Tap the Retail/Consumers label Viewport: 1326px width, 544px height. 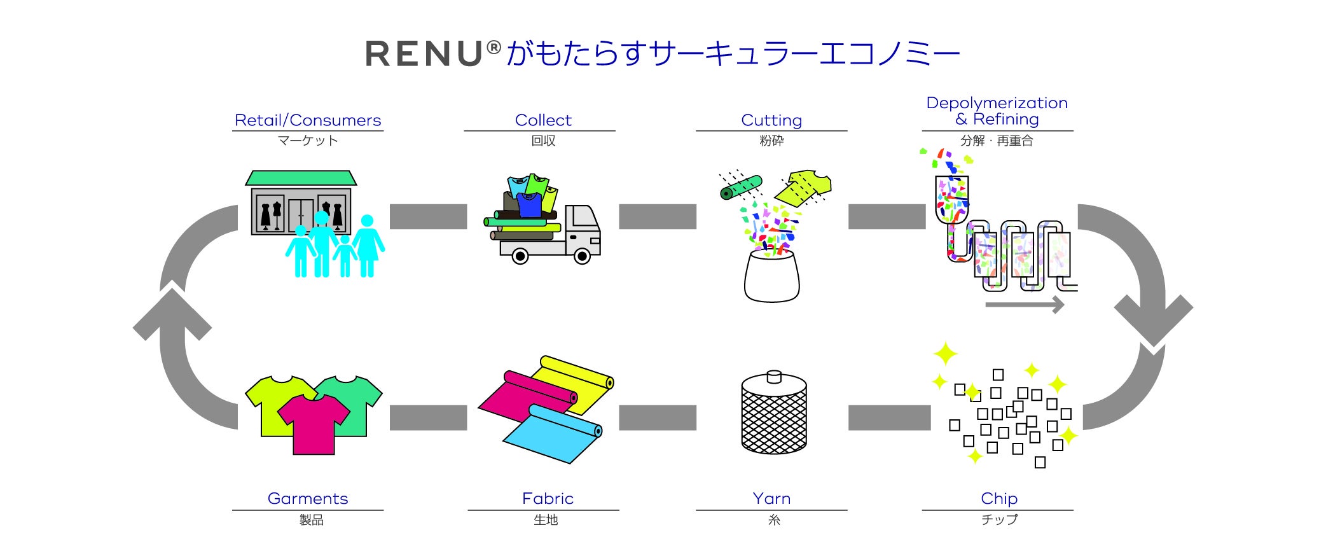(x=308, y=120)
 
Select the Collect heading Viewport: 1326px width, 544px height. (x=543, y=120)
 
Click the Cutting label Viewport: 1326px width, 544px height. (x=771, y=120)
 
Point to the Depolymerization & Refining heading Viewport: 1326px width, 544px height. (x=997, y=111)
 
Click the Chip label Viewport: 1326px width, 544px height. (x=998, y=498)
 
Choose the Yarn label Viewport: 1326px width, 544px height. (x=771, y=498)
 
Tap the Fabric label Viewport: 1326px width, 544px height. (x=548, y=498)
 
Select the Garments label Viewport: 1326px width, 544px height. (x=308, y=498)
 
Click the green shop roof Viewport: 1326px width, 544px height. (x=301, y=178)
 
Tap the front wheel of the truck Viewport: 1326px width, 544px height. (x=582, y=256)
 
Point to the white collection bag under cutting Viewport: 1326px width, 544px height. (x=771, y=277)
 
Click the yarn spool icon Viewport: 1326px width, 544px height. (x=773, y=414)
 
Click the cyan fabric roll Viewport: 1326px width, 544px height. (x=553, y=433)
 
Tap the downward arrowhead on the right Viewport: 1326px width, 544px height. (x=1154, y=318)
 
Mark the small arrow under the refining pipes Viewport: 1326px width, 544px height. (x=1025, y=305)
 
